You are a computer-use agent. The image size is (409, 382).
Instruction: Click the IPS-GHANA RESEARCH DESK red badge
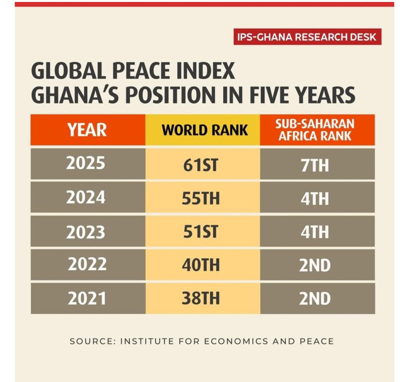(307, 37)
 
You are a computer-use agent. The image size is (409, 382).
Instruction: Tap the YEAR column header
(87, 130)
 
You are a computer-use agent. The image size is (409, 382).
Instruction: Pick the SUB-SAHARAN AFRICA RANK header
(317, 130)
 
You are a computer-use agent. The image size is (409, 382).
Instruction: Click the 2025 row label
(87, 164)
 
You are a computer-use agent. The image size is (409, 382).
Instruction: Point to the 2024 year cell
(87, 197)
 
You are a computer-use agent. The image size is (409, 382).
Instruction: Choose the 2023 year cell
(87, 231)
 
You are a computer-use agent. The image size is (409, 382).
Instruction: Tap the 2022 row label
(87, 265)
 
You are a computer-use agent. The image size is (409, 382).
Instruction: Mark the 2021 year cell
(87, 298)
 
